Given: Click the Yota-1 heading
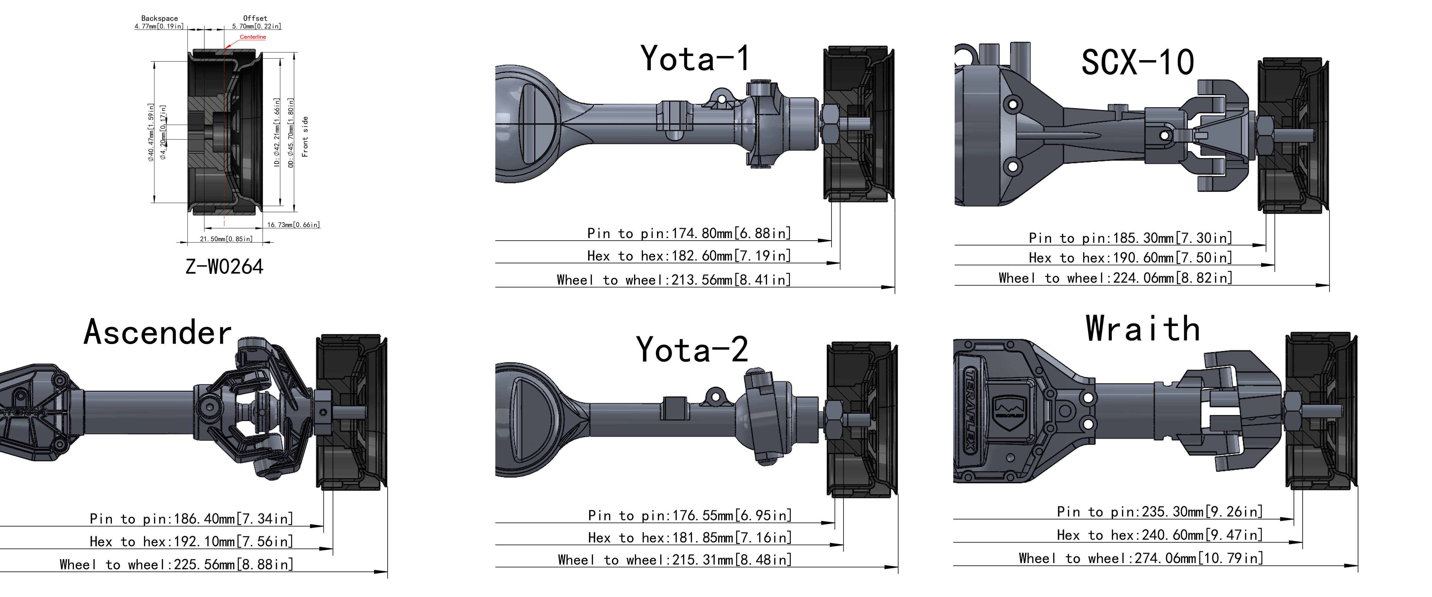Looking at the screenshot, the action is coord(695,58).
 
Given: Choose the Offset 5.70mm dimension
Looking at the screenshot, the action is coord(256,22).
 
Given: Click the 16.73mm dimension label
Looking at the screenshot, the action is coord(293,225).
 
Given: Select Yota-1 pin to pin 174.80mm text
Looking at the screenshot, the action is coord(689,233).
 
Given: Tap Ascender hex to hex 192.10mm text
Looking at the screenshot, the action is coord(191,541).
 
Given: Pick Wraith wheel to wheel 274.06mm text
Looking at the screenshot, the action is coord(1141,558).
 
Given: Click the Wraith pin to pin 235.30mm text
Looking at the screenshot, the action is coord(1160,511).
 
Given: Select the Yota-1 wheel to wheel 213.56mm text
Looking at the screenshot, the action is coord(674,280).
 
